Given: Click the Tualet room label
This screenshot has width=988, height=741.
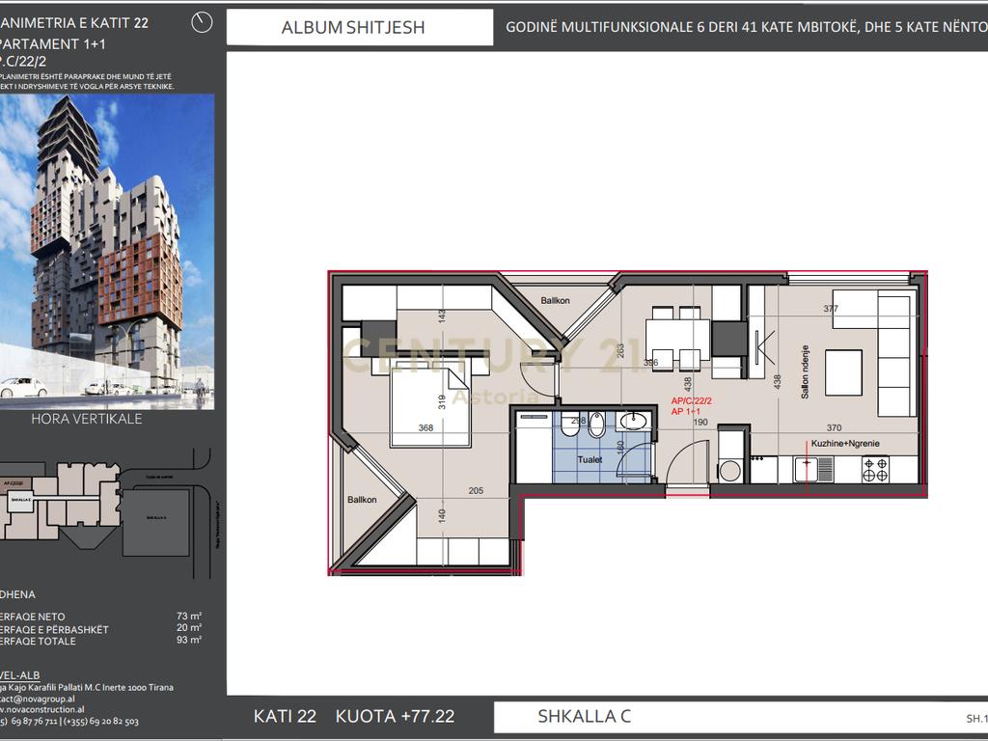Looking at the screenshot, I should tap(590, 460).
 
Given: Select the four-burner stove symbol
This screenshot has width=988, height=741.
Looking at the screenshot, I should tap(875, 469).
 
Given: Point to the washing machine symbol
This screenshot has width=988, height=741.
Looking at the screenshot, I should tap(729, 471).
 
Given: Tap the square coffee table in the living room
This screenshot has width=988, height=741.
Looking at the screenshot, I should tap(843, 370).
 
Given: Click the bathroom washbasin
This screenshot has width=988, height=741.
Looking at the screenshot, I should tap(633, 421).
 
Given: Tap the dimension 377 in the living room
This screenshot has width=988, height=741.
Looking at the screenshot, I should tap(831, 309).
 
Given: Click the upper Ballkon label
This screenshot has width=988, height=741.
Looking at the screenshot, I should tap(555, 301).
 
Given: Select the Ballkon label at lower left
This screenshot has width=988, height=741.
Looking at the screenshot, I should tap(362, 500).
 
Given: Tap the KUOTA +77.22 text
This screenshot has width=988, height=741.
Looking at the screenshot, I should tap(395, 716).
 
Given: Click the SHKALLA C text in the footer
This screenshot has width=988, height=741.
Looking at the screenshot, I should tap(584, 716).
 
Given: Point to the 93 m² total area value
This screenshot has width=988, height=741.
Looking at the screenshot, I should tap(188, 640).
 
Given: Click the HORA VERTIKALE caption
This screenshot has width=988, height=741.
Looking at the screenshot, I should tap(87, 419).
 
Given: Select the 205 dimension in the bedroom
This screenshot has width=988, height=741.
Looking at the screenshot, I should tap(475, 490).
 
